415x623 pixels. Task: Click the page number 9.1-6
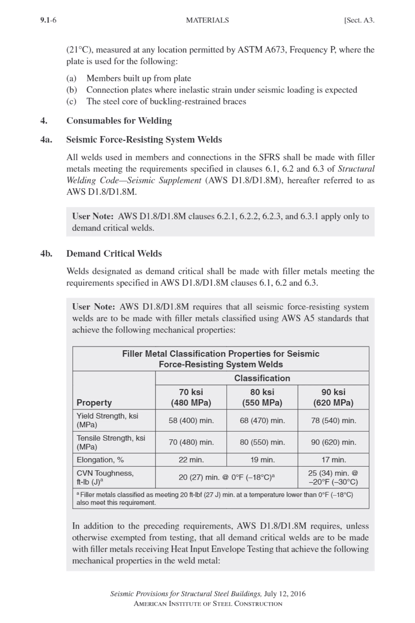48,20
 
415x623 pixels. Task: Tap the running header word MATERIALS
207,20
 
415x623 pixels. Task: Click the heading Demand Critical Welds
114,253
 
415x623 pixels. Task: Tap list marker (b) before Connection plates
71,90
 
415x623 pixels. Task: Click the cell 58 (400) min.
191,420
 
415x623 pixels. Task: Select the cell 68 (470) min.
262,420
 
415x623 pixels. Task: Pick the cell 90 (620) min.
334,442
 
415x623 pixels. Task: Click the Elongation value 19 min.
262,460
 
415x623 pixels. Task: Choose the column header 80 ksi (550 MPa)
262,397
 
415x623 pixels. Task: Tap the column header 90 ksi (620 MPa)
334,397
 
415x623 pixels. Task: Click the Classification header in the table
262,378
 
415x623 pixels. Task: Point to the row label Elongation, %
100,460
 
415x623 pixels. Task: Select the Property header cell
94,403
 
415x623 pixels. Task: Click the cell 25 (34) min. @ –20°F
334,477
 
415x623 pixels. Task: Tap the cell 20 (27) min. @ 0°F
227,477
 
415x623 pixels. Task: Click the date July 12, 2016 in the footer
285,594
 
